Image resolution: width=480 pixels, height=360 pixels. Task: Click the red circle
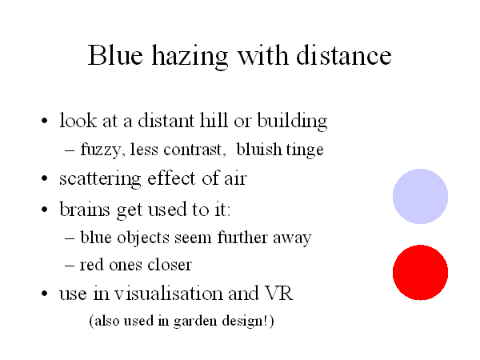(420, 272)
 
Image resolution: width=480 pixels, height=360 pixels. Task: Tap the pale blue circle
(420, 196)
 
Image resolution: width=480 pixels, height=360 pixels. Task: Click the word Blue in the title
(115, 55)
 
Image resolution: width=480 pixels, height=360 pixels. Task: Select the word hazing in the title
(190, 58)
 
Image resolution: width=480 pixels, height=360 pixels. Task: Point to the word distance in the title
(344, 55)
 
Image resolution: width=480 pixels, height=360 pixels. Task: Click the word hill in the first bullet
(214, 120)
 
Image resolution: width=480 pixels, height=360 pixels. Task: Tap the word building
(292, 122)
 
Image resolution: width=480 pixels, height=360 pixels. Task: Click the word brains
(85, 209)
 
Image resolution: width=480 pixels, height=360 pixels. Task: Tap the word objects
(143, 238)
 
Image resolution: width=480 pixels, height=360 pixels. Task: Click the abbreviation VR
(279, 293)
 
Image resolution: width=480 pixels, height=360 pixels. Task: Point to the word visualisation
(169, 293)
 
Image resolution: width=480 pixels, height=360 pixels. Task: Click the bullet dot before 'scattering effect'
(44, 178)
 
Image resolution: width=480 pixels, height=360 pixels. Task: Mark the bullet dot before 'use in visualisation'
(44, 293)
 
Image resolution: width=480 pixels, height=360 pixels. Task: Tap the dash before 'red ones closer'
(70, 265)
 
